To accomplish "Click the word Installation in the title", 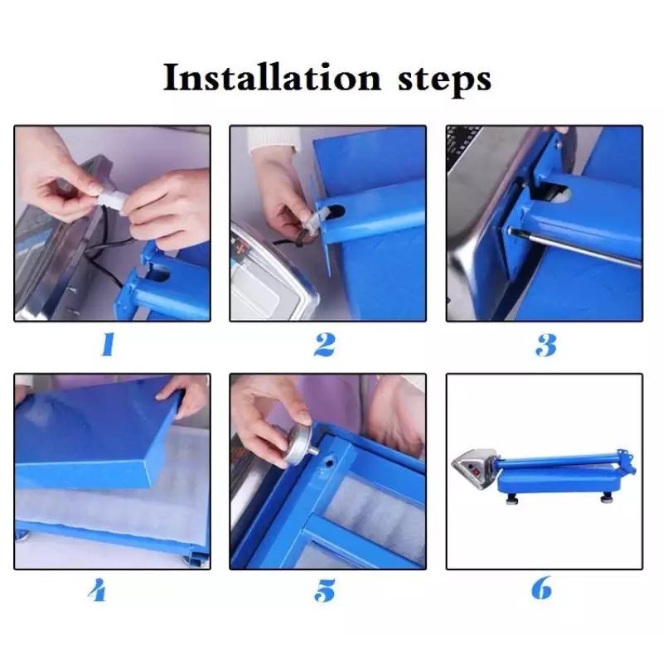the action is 272,77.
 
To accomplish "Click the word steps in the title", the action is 444,80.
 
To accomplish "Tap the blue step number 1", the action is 109,344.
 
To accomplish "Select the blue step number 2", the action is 325,344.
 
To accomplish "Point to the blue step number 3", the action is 546,345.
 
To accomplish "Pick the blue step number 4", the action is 98,589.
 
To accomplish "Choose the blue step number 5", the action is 325,590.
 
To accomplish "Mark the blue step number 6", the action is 542,588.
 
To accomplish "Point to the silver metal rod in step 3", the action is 576,246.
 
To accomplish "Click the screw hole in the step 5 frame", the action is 329,463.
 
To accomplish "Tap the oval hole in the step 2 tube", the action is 337,211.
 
